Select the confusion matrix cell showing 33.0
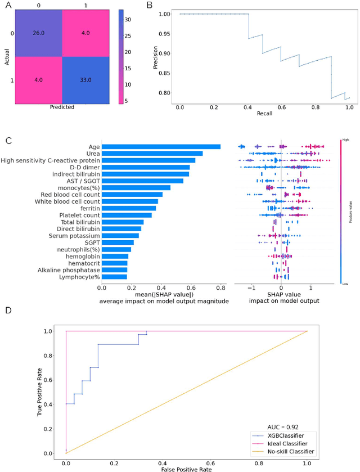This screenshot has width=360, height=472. [x=82, y=78]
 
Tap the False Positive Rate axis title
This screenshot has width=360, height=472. [x=186, y=468]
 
